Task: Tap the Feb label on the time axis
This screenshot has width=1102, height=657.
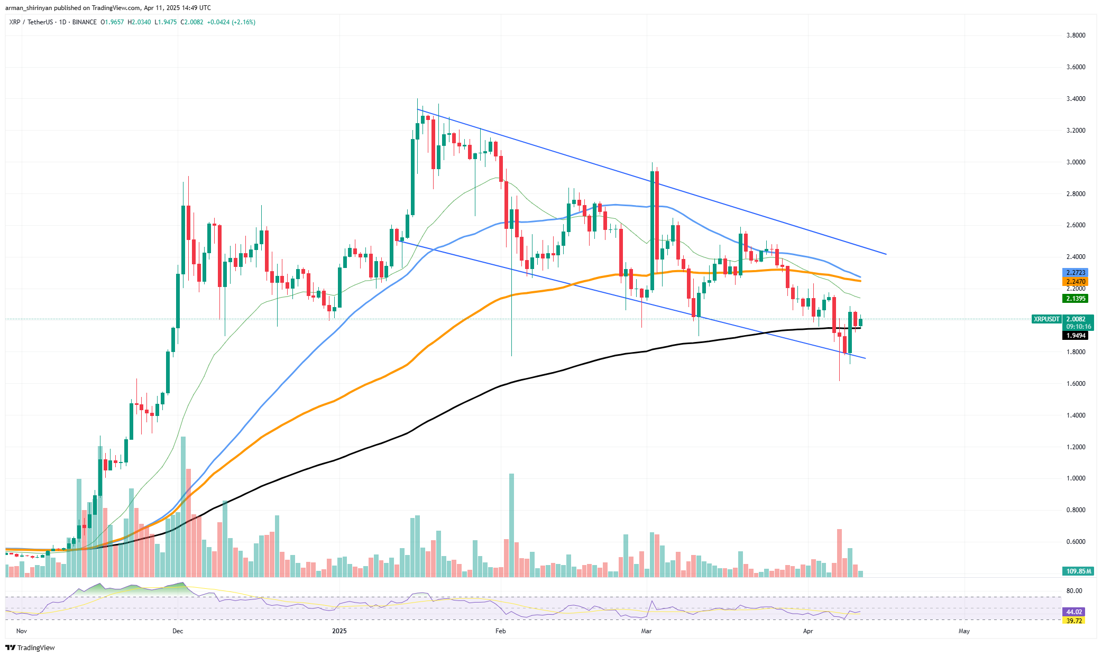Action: pyautogui.click(x=500, y=631)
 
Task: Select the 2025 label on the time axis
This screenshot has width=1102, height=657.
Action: pyautogui.click(x=339, y=631)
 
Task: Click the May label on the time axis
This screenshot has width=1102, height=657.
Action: pyautogui.click(x=964, y=631)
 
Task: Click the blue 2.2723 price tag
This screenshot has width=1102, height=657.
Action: pyautogui.click(x=1076, y=273)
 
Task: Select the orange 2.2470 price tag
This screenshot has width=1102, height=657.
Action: pyautogui.click(x=1076, y=282)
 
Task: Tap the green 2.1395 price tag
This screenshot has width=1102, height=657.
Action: pyautogui.click(x=1076, y=299)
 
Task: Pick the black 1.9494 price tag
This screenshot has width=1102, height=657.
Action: pyautogui.click(x=1076, y=336)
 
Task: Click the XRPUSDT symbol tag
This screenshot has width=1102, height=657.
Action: pyautogui.click(x=1046, y=319)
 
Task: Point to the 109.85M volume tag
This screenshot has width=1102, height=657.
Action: pyautogui.click(x=1076, y=571)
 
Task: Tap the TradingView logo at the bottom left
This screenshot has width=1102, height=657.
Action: pyautogui.click(x=31, y=647)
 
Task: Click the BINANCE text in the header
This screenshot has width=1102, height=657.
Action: pyautogui.click(x=84, y=22)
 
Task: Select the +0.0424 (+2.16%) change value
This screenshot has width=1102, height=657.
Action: pyautogui.click(x=231, y=22)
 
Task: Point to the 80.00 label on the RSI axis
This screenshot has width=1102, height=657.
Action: pyautogui.click(x=1074, y=591)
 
